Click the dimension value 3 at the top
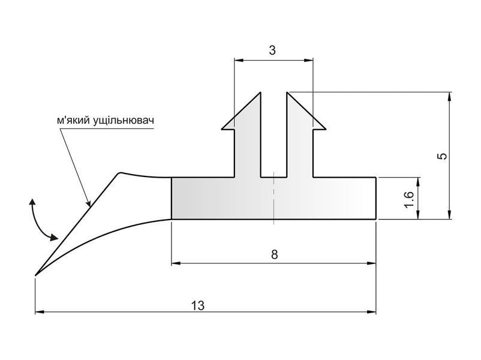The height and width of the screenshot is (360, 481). pyautogui.click(x=272, y=50)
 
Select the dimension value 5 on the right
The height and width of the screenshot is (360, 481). pyautogui.click(x=443, y=156)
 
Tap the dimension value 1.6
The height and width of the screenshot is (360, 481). pyautogui.click(x=409, y=199)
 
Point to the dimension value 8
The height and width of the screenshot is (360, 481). pyautogui.click(x=275, y=254)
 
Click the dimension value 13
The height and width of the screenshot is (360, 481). pyautogui.click(x=198, y=305)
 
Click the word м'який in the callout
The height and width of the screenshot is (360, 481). pyautogui.click(x=73, y=121)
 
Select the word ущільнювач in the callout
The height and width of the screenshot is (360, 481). pyautogui.click(x=123, y=121)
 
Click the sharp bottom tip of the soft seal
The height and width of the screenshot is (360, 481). pyautogui.click(x=35, y=275)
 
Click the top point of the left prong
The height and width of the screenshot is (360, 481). pyautogui.click(x=260, y=92)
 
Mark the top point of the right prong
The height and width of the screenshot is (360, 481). pyautogui.click(x=287, y=92)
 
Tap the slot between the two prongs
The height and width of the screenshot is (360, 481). pyautogui.click(x=274, y=135)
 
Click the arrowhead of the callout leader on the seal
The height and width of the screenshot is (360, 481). pyautogui.click(x=89, y=203)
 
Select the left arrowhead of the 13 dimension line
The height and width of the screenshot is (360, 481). pyautogui.click(x=40, y=312)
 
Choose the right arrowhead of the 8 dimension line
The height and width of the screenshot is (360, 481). pyautogui.click(x=371, y=263)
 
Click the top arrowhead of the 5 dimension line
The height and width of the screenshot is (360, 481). pyautogui.click(x=449, y=97)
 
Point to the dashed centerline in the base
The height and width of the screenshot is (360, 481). pyautogui.click(x=273, y=199)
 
